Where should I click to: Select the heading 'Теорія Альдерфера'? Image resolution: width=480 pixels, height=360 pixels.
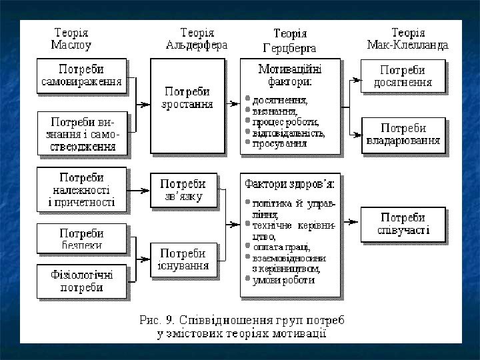click(197, 39)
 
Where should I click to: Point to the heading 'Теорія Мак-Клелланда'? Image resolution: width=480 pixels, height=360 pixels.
click(408, 39)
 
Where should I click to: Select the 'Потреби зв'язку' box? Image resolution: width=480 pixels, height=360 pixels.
click(187, 190)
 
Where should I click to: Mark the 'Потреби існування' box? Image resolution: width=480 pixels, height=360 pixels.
click(187, 259)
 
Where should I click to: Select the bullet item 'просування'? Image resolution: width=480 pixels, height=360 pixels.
click(279, 143)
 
